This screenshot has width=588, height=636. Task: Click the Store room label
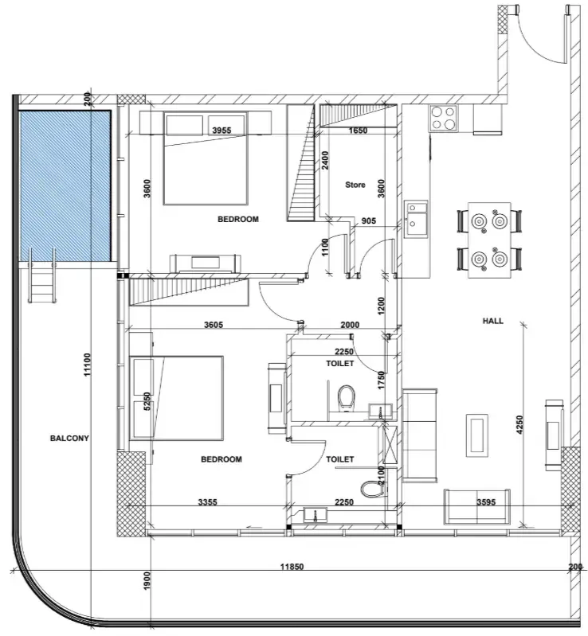tap(355, 185)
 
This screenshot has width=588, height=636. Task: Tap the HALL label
tap(492, 321)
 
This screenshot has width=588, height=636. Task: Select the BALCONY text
tap(69, 438)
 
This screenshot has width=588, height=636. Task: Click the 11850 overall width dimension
tap(292, 567)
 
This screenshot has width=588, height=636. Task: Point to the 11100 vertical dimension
tap(88, 365)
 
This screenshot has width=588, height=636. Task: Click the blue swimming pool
tap(65, 185)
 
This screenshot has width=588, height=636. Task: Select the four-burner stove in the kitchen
tap(443, 118)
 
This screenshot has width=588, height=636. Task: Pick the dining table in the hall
tap(489, 240)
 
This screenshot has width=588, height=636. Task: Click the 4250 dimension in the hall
tap(519, 424)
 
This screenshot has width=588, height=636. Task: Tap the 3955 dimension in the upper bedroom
tap(221, 131)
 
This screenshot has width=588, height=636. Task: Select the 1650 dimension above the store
tap(359, 131)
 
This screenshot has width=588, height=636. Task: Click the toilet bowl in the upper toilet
tap(347, 396)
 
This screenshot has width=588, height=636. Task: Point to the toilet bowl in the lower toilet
tap(372, 489)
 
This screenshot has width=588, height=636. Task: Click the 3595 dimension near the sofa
tap(486, 502)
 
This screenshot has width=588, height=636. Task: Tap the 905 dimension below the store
tap(368, 221)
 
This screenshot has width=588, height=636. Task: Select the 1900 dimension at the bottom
tap(147, 581)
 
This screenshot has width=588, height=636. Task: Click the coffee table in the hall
tap(477, 435)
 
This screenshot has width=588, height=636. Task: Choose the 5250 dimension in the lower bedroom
tap(147, 400)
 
